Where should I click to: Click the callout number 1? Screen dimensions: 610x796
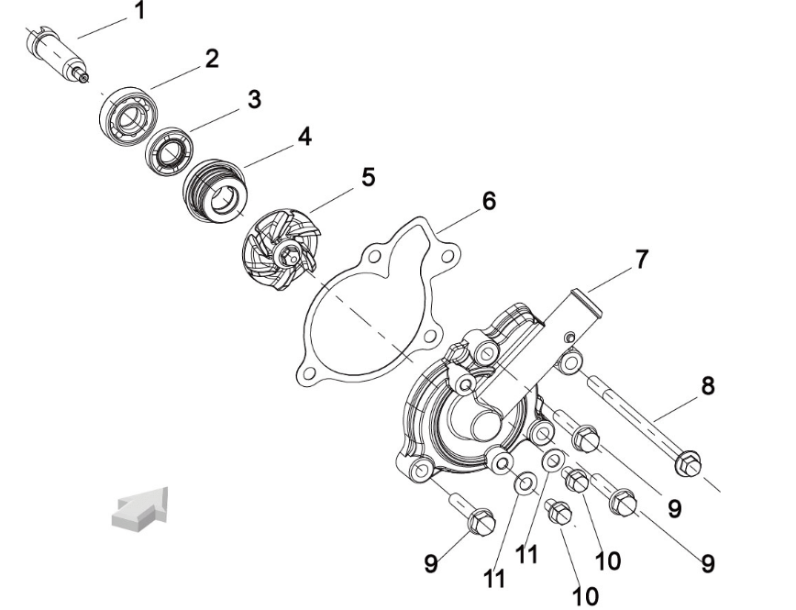tap(139, 12)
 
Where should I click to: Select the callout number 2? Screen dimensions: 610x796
tap(211, 60)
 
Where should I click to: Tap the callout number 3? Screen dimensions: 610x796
tap(254, 99)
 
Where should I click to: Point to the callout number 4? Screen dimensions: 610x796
tap(304, 138)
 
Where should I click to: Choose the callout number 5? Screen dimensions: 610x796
tap(367, 176)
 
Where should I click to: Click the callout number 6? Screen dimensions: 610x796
tap(489, 201)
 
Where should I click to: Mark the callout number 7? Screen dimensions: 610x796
tap(642, 260)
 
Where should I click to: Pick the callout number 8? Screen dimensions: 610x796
tap(707, 385)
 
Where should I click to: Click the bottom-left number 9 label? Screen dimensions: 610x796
tap(430, 563)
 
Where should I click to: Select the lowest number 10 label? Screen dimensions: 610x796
tap(584, 596)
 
